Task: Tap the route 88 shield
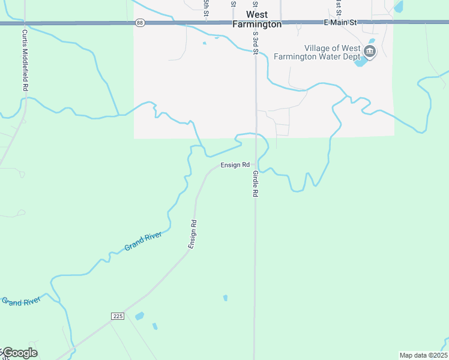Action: pyautogui.click(x=140, y=22)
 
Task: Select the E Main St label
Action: pyautogui.click(x=340, y=22)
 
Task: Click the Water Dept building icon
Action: pyautogui.click(x=370, y=52)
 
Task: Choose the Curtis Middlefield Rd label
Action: pyautogui.click(x=25, y=60)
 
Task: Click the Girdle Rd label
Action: pyautogui.click(x=255, y=184)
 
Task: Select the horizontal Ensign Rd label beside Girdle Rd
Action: pyautogui.click(x=235, y=164)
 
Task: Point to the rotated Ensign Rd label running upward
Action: pyautogui.click(x=193, y=234)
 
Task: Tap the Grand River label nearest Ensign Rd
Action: pyautogui.click(x=143, y=242)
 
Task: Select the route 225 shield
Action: pyautogui.click(x=117, y=316)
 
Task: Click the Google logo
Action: pyautogui.click(x=19, y=353)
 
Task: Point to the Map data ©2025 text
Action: pyautogui.click(x=423, y=355)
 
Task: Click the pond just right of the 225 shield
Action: pyautogui.click(x=139, y=316)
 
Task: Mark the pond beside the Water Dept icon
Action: pyautogui.click(x=361, y=61)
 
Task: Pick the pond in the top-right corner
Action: pyautogui.click(x=399, y=7)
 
